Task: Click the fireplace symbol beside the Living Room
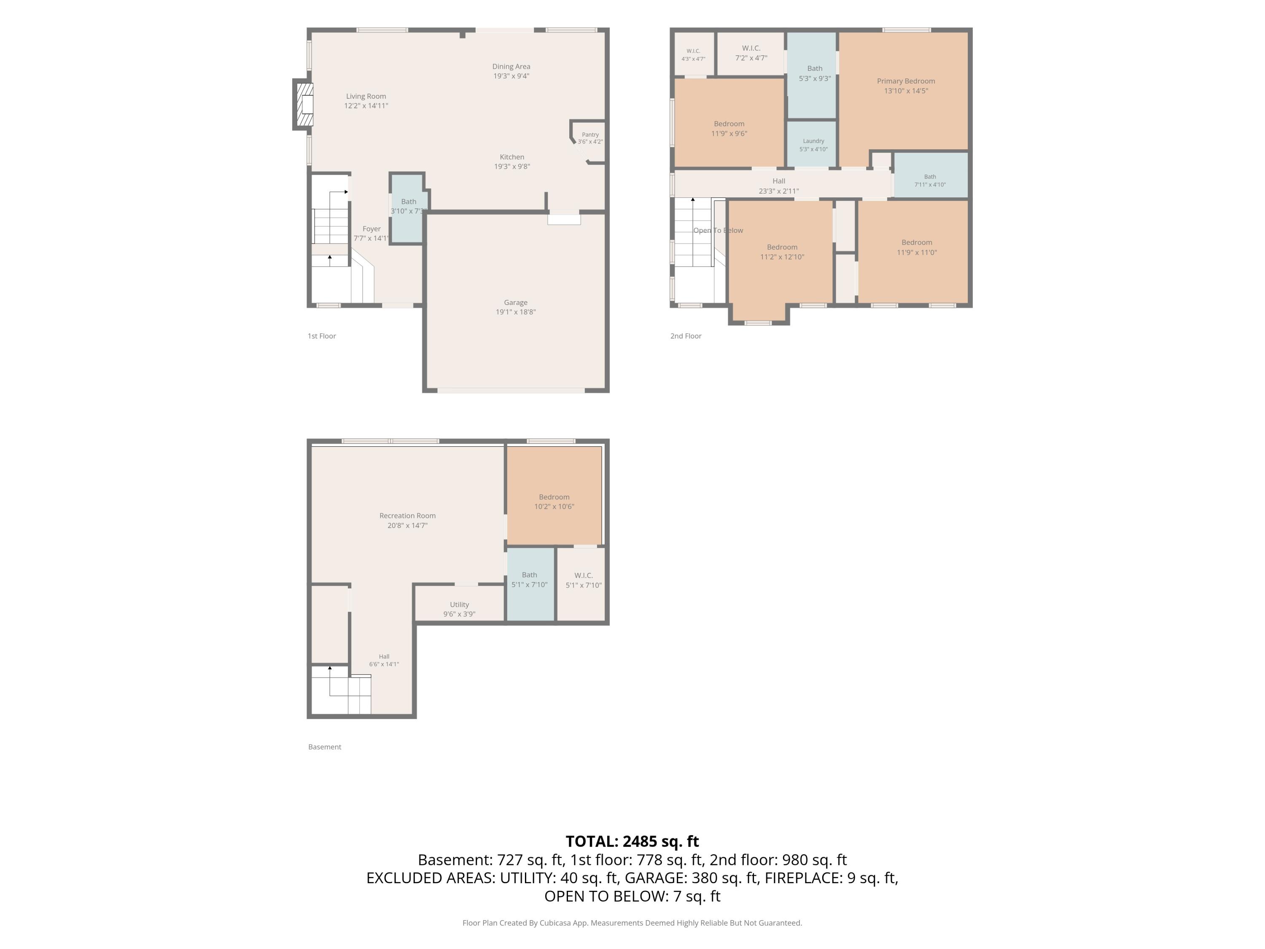(304, 105)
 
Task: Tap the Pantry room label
(590, 135)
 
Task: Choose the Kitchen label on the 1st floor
(512, 157)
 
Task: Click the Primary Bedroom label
(906, 81)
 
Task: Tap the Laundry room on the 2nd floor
(813, 144)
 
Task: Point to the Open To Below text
(718, 231)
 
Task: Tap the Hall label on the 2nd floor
(779, 181)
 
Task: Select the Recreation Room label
(408, 516)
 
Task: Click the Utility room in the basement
(459, 604)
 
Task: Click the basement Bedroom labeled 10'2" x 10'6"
(554, 496)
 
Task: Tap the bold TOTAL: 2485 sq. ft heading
(632, 841)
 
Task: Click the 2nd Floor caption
(686, 336)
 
